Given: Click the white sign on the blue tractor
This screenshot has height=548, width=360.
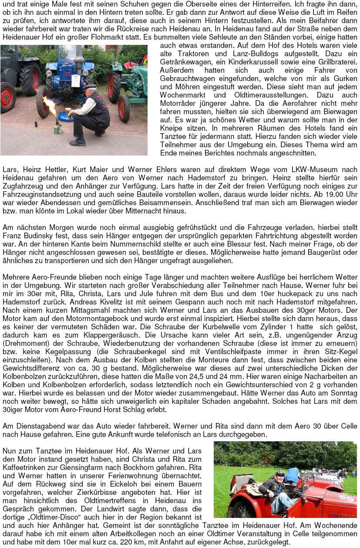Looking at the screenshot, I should pyautogui.click(x=76, y=81).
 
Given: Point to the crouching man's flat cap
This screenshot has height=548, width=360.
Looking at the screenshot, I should pyautogui.click(x=90, y=87).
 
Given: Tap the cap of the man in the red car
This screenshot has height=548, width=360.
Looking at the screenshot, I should pyautogui.click(x=280, y=473).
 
